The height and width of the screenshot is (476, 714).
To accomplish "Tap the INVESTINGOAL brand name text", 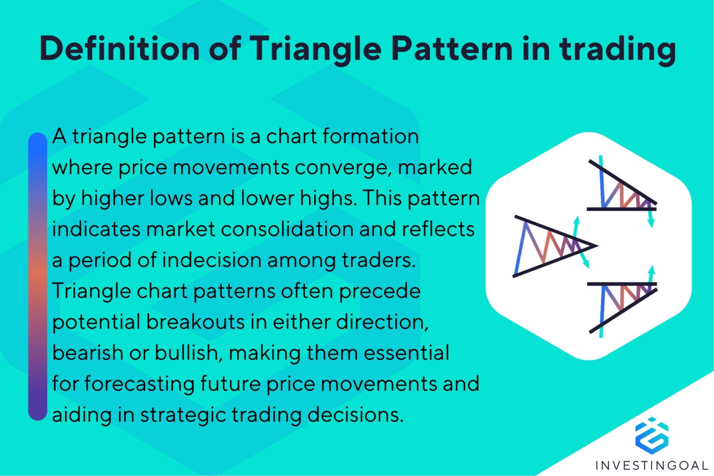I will point(651,465).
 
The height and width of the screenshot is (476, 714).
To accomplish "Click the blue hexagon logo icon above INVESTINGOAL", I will point(652,435).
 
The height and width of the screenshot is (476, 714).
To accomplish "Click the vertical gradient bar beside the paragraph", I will point(38,276).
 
